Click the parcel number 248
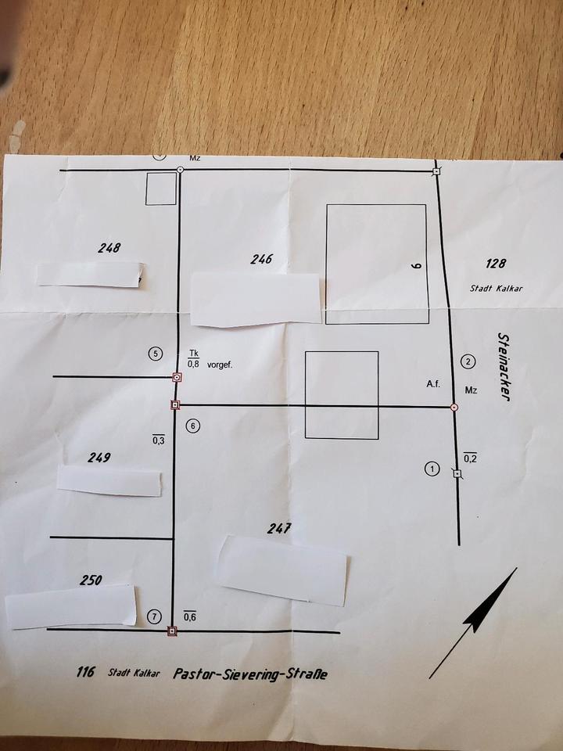pos(109,248)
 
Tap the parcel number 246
pos(261,259)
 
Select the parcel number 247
pos(278,528)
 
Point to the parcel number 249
pos(99,458)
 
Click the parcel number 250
pos(91,580)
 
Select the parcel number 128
pos(497,264)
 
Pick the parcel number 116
pos(87,671)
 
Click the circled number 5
pos(155,354)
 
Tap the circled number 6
pos(193,426)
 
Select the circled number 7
pos(153,616)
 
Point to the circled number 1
pos(431,469)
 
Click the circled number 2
pos(468,361)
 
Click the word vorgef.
pos(220,364)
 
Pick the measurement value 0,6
pos(189,617)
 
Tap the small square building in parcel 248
pos(161,189)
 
